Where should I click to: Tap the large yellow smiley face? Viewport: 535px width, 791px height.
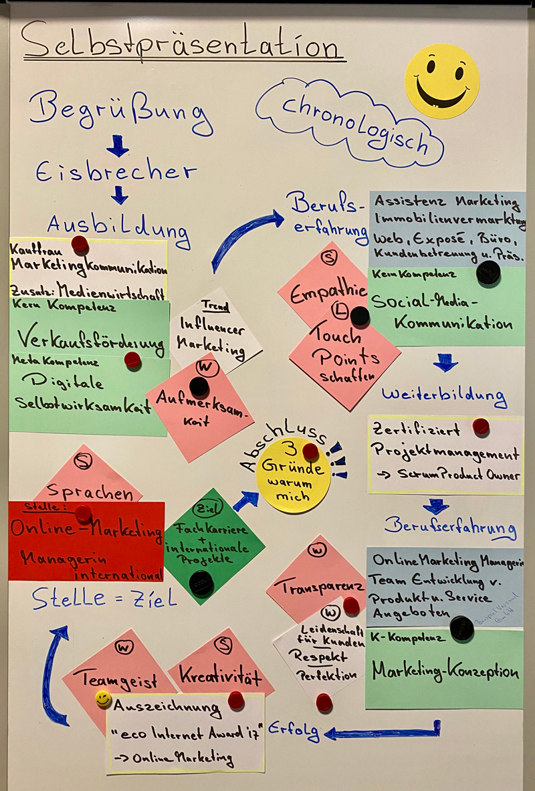click(x=441, y=81)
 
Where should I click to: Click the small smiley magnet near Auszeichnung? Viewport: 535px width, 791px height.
click(x=103, y=699)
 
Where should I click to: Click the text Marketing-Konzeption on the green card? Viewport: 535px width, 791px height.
click(x=445, y=671)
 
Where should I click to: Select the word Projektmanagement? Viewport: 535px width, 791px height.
click(x=445, y=454)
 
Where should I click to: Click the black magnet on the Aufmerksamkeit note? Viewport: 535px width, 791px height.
click(x=199, y=386)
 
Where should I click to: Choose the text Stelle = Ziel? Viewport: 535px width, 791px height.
click(x=104, y=598)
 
